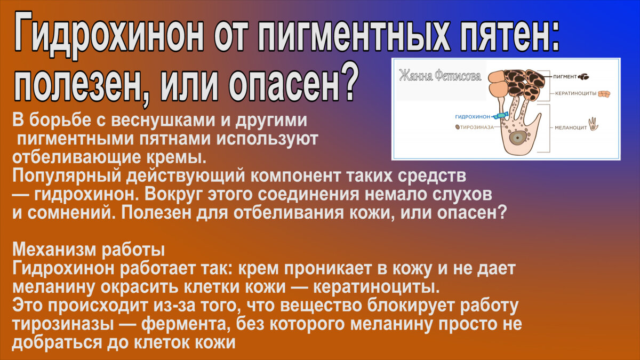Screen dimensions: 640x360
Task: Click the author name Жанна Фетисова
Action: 441,76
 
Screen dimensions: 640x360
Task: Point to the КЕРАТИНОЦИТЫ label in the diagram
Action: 575,93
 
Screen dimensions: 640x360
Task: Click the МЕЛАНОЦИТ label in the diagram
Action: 571,127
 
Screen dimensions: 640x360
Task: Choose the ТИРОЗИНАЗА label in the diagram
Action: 477,127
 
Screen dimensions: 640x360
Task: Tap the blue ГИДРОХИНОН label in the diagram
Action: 473,117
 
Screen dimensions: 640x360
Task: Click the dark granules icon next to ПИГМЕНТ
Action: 583,77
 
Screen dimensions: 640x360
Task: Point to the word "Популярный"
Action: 67,176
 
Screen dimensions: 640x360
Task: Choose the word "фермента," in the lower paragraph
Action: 186,324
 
